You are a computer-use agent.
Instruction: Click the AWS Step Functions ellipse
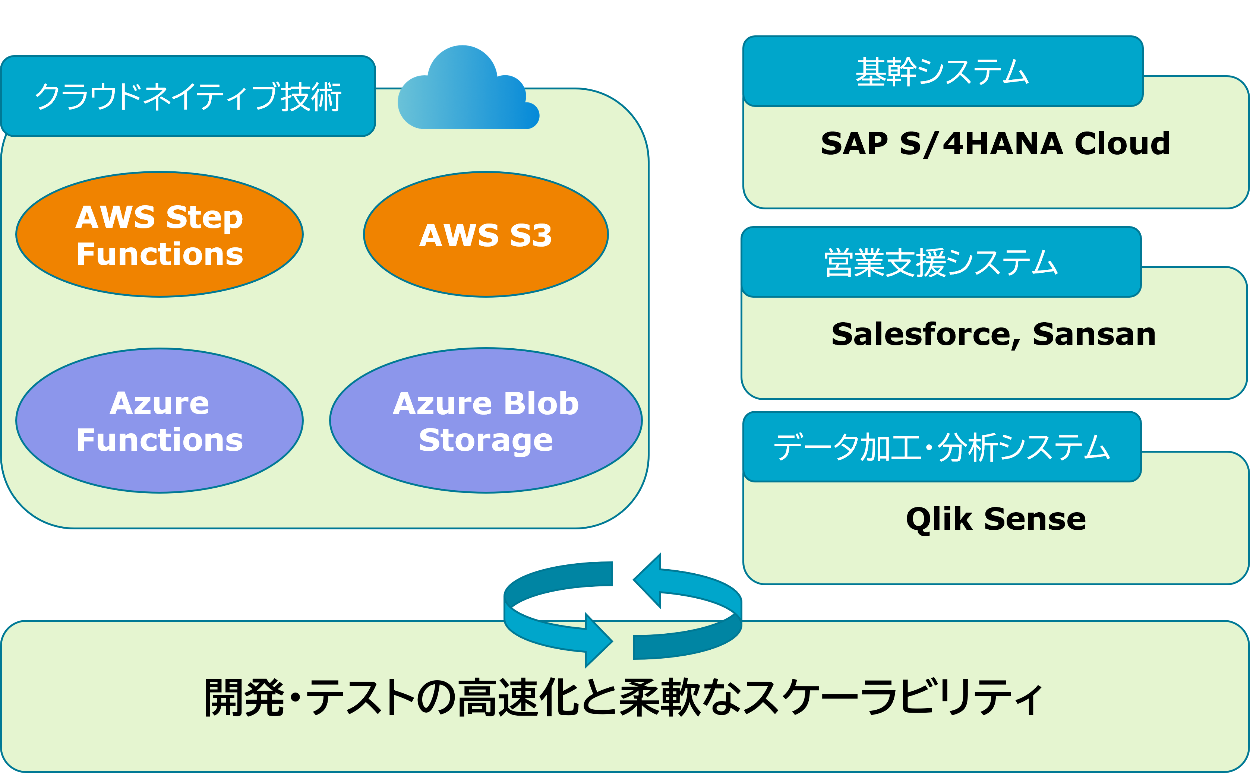159,234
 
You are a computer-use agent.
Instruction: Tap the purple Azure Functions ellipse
159,421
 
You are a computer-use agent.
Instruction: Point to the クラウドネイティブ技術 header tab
188,96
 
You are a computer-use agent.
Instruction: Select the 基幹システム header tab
942,72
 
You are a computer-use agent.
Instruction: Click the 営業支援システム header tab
941,262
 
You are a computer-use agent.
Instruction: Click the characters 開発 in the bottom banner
243,697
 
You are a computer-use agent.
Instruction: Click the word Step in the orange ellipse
205,217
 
